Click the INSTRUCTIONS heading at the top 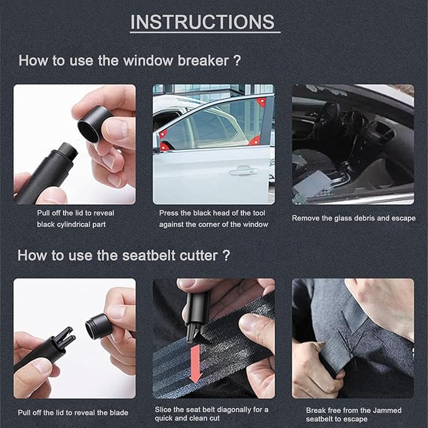[202, 22]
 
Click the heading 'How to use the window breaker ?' [131, 61]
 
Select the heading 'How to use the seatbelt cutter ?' [124, 255]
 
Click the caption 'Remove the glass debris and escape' [354, 218]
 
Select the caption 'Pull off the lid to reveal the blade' [73, 412]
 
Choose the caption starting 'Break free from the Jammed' [352, 414]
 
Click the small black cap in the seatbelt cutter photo [98, 326]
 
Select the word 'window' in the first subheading [137, 61]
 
